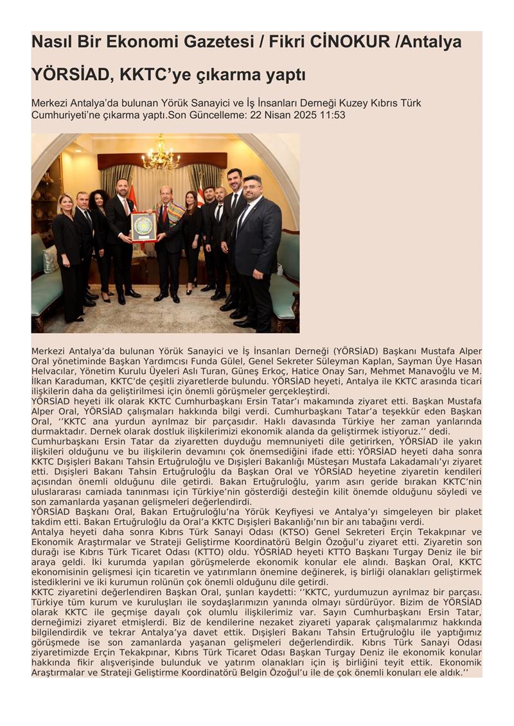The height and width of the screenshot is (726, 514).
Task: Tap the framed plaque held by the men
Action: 143,227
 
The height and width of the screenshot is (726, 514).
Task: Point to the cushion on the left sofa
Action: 50,259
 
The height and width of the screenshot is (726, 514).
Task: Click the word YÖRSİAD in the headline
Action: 65,75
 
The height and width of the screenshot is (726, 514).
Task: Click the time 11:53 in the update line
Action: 333,115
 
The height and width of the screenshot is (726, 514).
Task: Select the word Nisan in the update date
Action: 277,115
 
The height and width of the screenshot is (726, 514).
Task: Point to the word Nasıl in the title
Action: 51,42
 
